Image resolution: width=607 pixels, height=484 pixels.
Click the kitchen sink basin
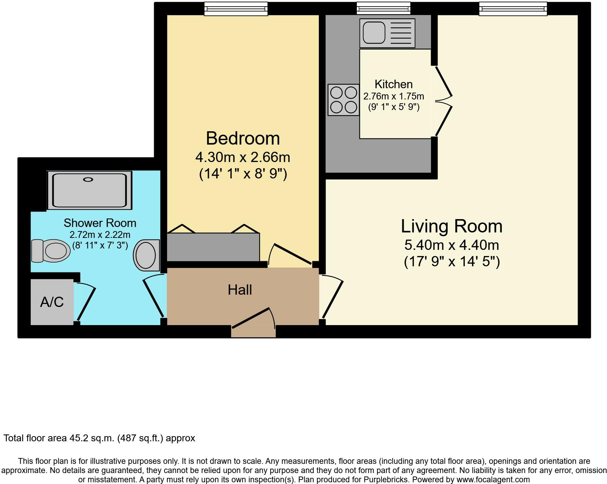(374, 33)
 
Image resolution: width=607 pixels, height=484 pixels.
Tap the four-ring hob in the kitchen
(344, 100)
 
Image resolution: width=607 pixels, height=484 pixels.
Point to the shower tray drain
(88, 179)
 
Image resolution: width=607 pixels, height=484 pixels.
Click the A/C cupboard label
(52, 302)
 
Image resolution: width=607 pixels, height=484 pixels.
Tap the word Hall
(240, 290)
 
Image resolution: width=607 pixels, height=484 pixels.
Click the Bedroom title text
(243, 138)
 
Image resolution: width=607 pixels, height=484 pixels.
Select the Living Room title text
(451, 226)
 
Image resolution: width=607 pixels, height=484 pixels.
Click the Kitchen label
(393, 84)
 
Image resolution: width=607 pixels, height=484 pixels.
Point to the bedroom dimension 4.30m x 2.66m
(243, 158)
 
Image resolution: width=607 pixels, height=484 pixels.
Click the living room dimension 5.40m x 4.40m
(451, 245)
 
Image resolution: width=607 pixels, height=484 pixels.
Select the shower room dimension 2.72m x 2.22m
(100, 235)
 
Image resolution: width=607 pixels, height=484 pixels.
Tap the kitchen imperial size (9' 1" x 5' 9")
(394, 107)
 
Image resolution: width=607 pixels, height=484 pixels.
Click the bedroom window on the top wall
(236, 9)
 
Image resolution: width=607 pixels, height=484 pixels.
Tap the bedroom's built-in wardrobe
(213, 247)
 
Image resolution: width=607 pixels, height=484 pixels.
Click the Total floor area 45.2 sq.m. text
(99, 438)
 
